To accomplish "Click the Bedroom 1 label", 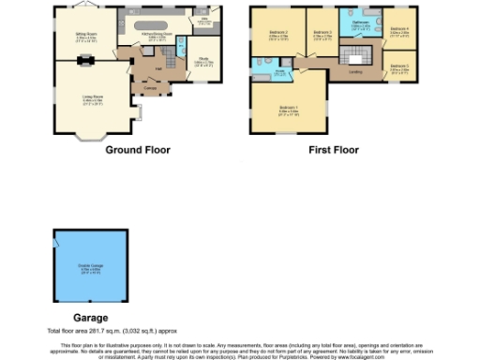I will tap(290, 109).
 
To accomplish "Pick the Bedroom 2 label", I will tap(278, 35).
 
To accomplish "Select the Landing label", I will tap(355, 71).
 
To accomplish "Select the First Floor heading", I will tap(332, 150).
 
